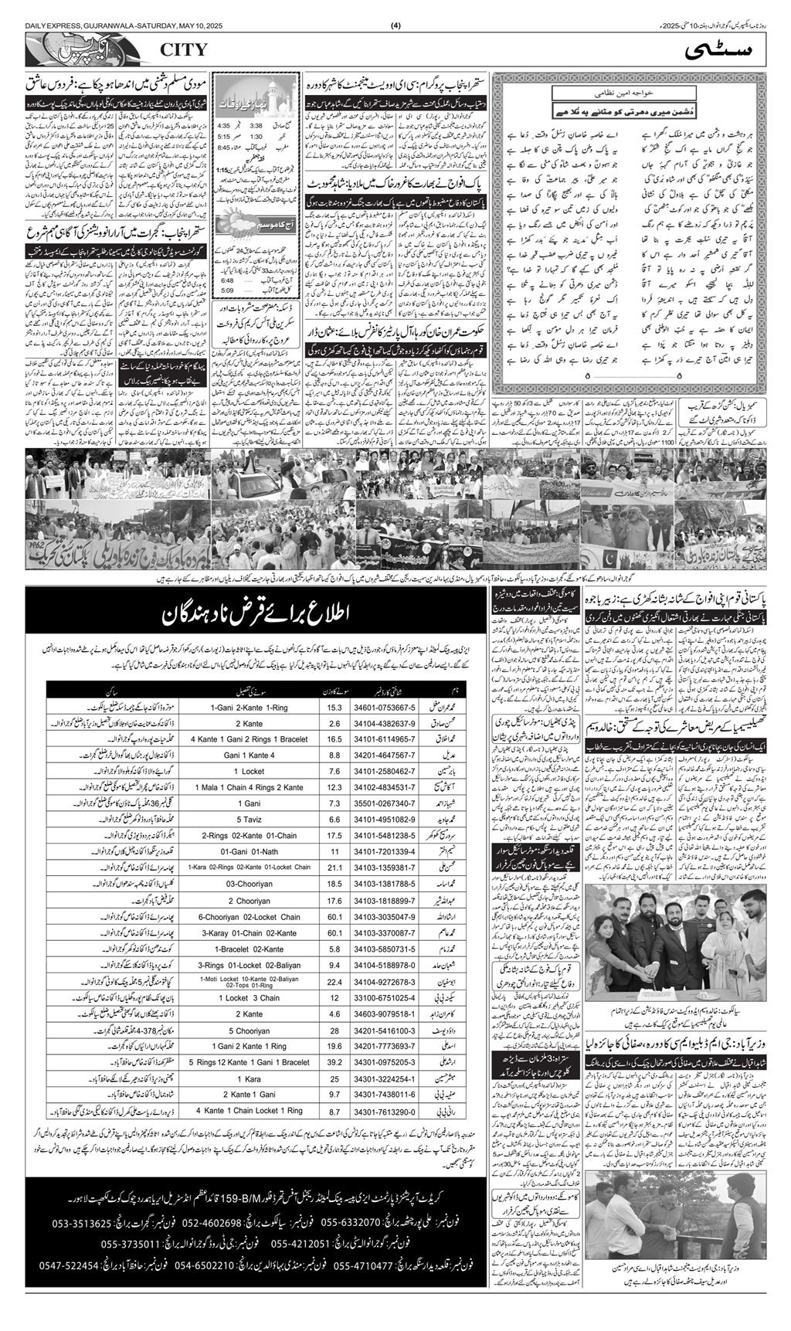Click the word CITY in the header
coord(184,50)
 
